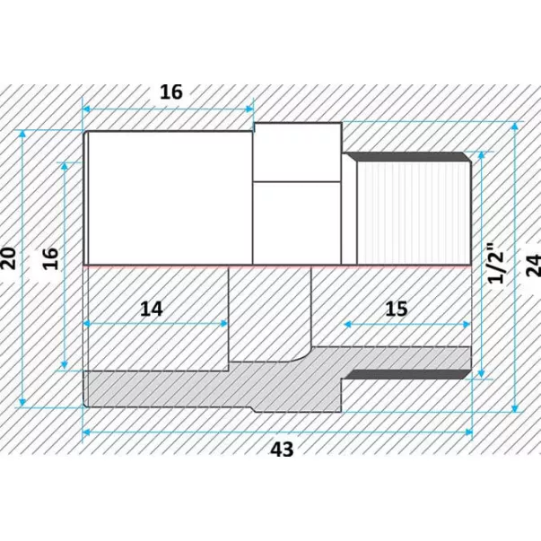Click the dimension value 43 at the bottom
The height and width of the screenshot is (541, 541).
[x=282, y=449]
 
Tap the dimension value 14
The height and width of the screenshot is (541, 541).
[x=151, y=309]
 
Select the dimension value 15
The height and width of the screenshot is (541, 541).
[x=397, y=309]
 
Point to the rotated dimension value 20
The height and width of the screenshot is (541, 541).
[x=8, y=258]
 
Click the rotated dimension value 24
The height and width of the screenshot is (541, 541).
[x=533, y=265]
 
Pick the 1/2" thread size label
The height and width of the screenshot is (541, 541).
[x=496, y=263]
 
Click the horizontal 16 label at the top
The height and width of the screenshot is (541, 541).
[x=171, y=92]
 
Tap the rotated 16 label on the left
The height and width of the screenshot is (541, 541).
[x=50, y=258]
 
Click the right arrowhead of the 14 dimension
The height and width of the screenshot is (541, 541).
[x=224, y=324]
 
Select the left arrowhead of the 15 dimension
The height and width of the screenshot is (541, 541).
[x=348, y=324]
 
